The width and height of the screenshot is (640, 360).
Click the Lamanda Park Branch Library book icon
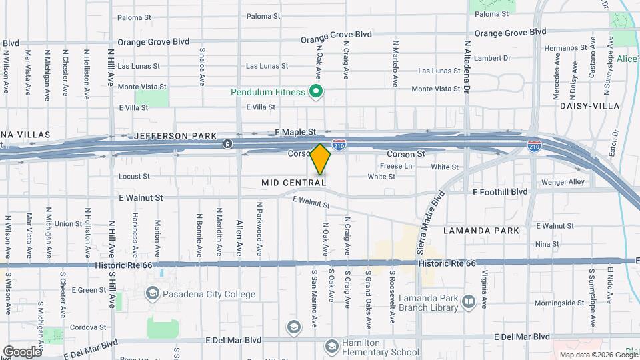[x=468, y=302]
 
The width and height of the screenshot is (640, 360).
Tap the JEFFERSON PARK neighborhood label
[x=175, y=136]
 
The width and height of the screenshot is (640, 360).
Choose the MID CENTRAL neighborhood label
[x=294, y=182]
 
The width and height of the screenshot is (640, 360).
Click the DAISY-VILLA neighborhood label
[x=589, y=106]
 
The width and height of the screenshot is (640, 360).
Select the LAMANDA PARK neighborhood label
[x=481, y=231]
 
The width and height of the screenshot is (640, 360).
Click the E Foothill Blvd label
[x=499, y=192]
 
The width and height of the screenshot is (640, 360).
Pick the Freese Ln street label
[x=396, y=166]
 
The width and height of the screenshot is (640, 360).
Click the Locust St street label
[x=134, y=177]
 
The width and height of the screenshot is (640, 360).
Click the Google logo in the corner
[x=22, y=351]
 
